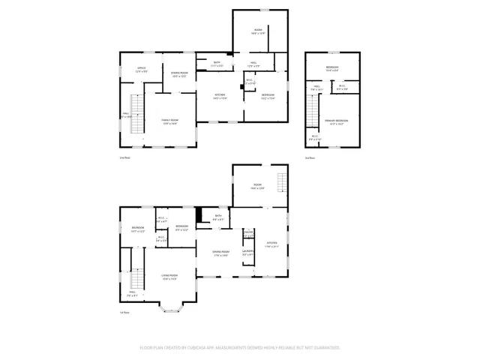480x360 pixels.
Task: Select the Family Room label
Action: (x=170, y=122)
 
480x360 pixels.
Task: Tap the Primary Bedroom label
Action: (x=336, y=121)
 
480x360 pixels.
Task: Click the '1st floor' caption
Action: (x=125, y=313)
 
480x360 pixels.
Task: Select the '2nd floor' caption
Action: (x=125, y=157)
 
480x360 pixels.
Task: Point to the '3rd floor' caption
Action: (x=310, y=157)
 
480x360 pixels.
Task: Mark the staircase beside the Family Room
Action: (x=137, y=114)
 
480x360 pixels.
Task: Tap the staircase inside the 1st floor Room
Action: (x=281, y=183)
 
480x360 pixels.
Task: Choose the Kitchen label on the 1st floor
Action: (x=273, y=244)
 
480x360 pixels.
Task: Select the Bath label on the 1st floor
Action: (x=218, y=217)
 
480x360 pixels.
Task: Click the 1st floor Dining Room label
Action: (x=220, y=253)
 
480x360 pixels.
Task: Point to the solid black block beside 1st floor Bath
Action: (x=199, y=215)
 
